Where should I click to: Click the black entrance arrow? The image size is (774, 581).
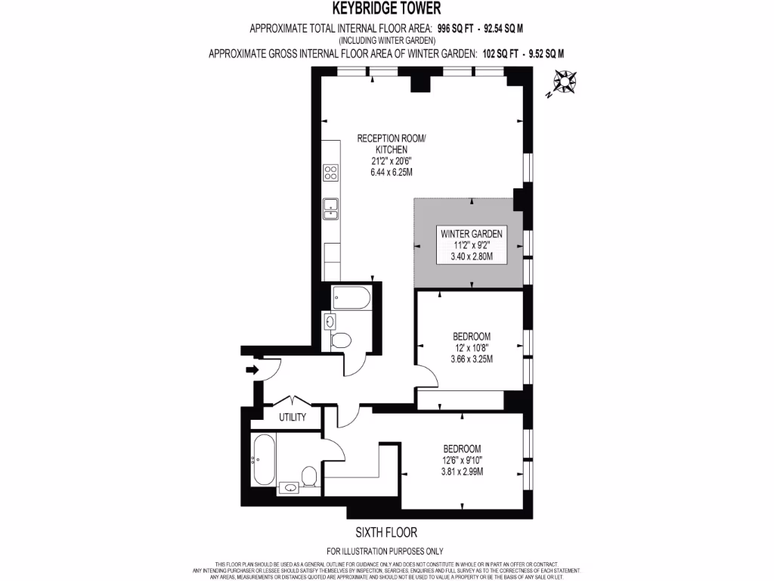[252, 370]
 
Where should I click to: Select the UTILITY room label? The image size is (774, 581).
[292, 418]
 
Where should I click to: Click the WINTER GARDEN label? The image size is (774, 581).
[472, 234]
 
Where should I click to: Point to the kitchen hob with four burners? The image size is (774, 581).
[330, 173]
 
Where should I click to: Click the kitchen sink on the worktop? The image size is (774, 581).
[330, 208]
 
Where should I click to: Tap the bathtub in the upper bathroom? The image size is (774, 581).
[351, 298]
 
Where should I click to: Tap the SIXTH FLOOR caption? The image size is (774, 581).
[386, 533]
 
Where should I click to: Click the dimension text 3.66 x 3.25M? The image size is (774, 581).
[472, 359]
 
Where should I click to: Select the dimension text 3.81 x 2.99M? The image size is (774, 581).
[462, 471]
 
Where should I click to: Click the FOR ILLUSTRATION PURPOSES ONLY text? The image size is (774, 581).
[385, 551]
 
